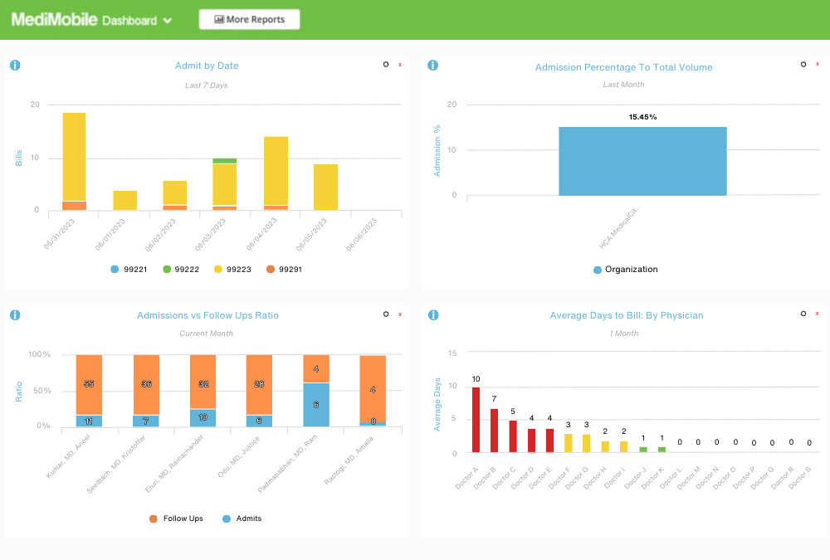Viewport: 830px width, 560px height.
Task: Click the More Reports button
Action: tap(249, 20)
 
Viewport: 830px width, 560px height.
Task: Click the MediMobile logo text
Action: tap(54, 20)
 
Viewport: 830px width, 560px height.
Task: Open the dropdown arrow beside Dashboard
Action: tap(168, 22)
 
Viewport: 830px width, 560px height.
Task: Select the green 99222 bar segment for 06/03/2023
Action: tap(224, 161)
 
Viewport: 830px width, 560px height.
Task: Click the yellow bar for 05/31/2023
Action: tap(74, 156)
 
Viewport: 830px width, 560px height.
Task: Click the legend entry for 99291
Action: tap(284, 270)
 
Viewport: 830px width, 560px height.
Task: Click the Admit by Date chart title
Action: tap(207, 66)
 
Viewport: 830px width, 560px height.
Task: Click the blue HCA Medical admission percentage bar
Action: tap(642, 161)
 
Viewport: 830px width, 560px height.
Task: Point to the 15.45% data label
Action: tap(642, 117)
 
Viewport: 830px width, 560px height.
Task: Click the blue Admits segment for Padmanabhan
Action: tap(316, 405)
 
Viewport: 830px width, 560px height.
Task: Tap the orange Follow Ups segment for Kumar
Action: tap(89, 385)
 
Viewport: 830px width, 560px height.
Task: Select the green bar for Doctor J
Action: tap(642, 450)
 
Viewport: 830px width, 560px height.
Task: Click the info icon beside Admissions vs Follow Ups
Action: tap(15, 315)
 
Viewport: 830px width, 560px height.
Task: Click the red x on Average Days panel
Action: tap(818, 314)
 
